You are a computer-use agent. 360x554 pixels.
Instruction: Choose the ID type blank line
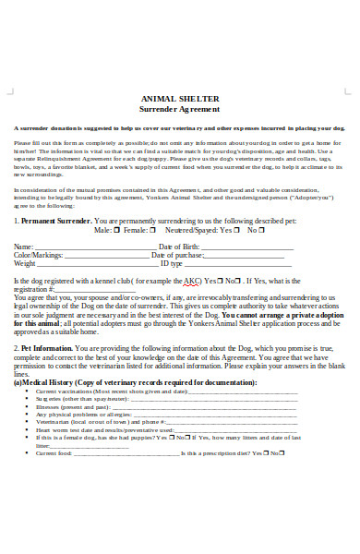click(x=234, y=263)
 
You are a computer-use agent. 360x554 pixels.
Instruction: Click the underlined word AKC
click(x=190, y=280)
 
